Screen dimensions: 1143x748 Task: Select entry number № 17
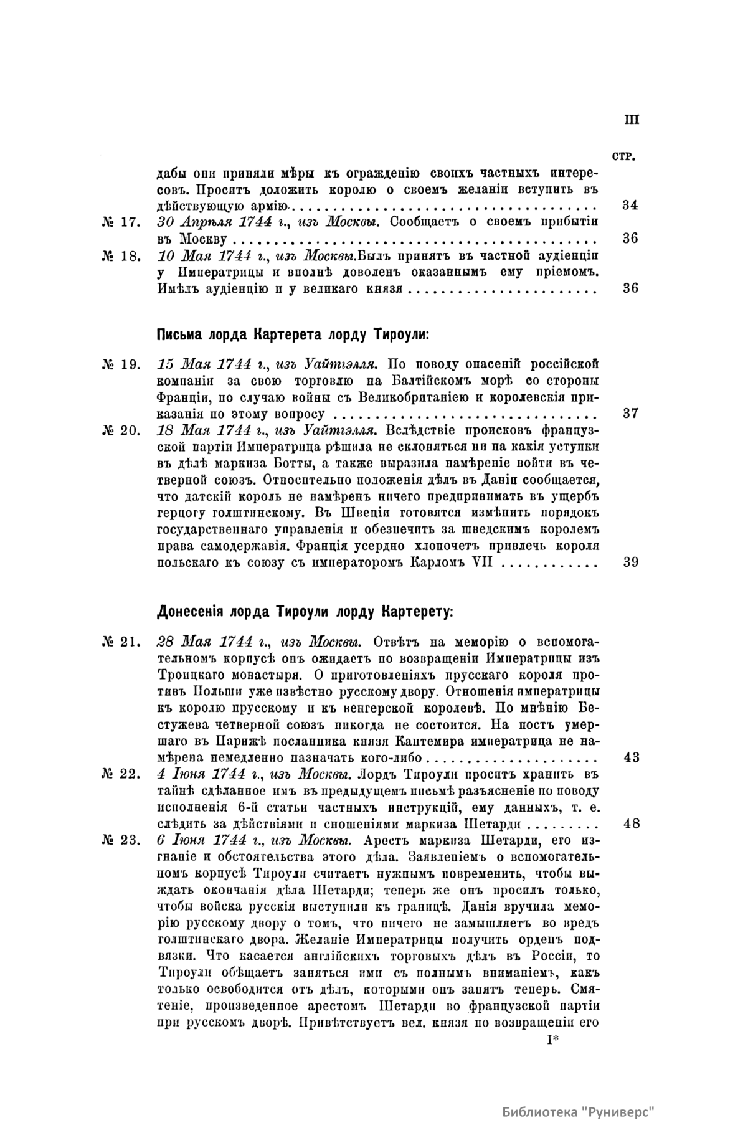tap(123, 222)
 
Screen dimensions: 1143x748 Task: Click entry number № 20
tap(123, 430)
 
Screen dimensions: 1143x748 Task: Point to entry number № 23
tap(123, 841)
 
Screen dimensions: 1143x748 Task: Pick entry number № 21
tap(123, 642)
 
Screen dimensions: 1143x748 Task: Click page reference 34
tap(630, 206)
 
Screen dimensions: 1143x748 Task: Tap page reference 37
tap(630, 414)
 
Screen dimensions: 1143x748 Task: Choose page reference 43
tap(630, 758)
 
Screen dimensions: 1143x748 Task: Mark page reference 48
tap(630, 824)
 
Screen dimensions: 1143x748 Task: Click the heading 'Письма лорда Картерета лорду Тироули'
tap(293, 334)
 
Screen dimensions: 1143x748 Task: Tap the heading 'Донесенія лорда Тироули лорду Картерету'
tap(305, 610)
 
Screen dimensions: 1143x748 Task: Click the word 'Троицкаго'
tap(182, 676)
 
